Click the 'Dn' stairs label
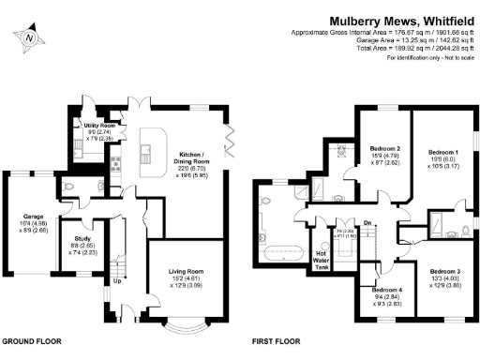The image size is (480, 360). coord(368,222)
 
